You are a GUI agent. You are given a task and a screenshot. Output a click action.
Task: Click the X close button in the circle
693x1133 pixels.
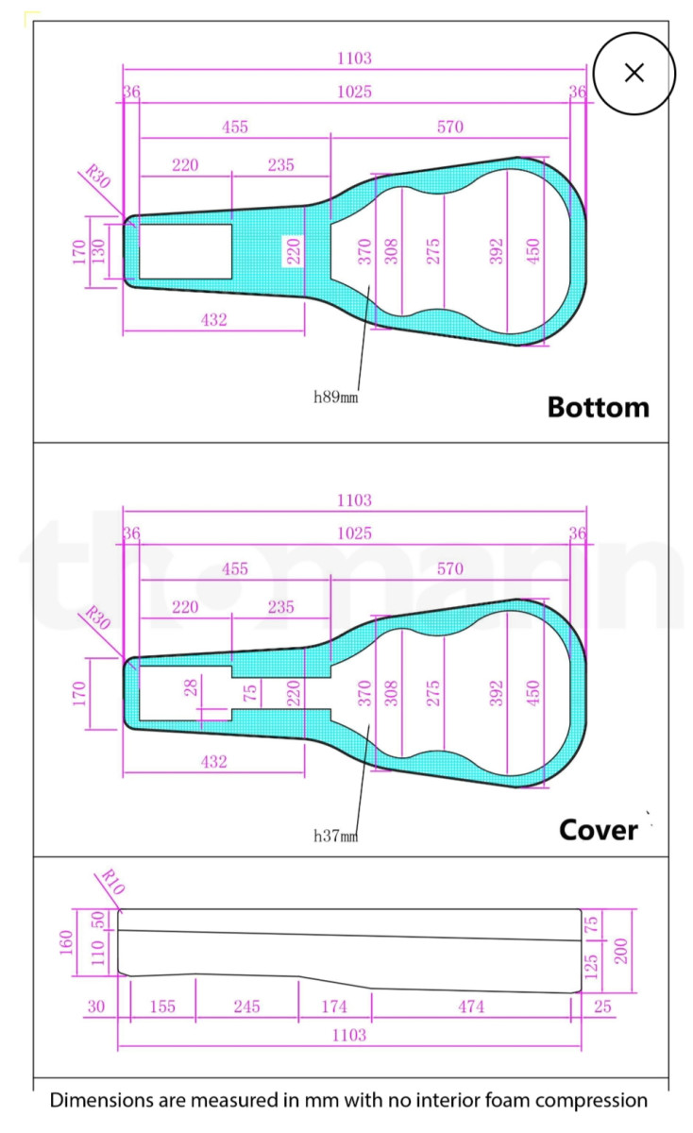634,73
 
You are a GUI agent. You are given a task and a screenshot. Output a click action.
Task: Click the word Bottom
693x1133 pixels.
599,408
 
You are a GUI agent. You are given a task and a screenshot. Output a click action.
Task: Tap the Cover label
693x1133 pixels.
599,830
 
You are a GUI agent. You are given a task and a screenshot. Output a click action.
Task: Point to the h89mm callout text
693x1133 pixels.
336,397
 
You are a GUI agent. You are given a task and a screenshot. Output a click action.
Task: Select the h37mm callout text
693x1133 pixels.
336,837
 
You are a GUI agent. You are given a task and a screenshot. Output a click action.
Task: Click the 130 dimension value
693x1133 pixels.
97,251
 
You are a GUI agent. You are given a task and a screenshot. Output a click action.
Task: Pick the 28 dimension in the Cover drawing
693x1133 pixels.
191,688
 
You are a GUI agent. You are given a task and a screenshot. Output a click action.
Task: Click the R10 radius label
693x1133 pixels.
112,882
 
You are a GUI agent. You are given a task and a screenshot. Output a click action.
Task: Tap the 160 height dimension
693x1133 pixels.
66,942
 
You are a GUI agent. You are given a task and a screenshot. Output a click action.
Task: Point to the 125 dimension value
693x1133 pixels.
591,967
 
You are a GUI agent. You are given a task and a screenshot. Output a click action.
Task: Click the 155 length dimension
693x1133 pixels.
162,1006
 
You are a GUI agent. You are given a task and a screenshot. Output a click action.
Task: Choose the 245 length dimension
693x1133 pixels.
246,1006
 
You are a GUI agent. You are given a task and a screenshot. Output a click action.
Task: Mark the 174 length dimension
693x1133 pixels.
334,1006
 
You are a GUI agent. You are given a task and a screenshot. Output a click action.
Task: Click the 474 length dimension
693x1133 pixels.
471,1006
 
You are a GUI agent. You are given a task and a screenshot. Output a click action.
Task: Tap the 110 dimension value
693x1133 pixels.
97,953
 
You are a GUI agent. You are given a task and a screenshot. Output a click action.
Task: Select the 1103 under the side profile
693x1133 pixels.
349,1035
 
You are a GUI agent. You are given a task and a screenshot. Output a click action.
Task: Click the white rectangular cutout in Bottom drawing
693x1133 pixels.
185,251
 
